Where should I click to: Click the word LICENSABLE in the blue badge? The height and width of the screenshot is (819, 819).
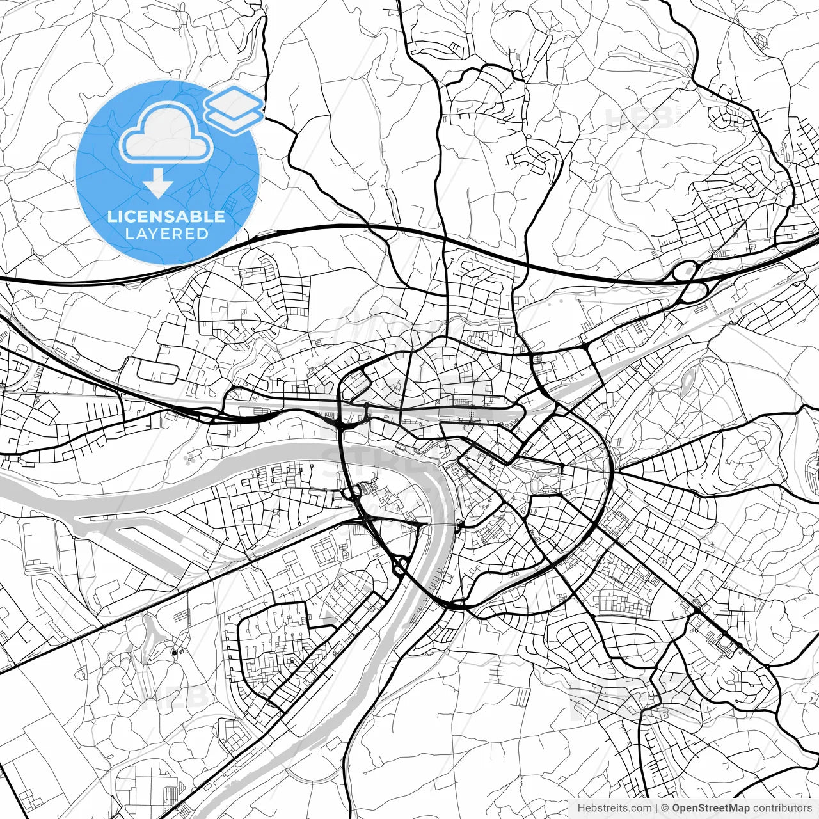[166, 216]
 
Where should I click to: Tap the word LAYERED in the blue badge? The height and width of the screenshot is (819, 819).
[166, 234]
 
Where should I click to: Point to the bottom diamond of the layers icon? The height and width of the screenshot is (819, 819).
[235, 119]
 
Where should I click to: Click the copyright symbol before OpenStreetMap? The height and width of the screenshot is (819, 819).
[665, 808]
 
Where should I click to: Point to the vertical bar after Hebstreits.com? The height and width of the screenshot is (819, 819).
[657, 808]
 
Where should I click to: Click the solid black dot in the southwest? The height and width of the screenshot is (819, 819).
[174, 653]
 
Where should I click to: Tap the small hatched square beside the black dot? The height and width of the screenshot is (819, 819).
[182, 651]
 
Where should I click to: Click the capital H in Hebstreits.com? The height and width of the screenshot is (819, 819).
[581, 808]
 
